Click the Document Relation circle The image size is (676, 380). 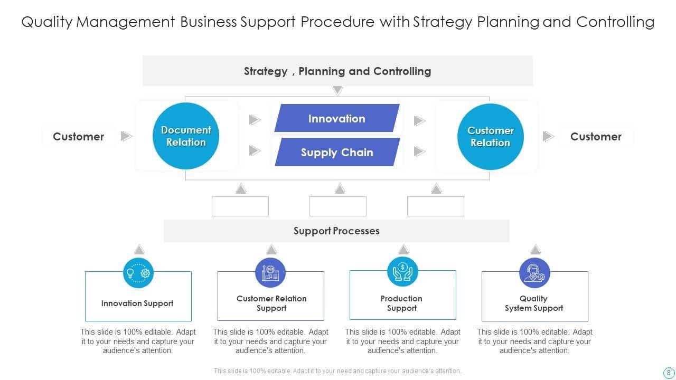coord(186,136)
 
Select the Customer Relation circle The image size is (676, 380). coord(490,137)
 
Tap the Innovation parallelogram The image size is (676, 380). coord(337,118)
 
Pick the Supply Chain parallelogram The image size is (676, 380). coord(337,153)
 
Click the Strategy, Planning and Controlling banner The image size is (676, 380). coord(337,71)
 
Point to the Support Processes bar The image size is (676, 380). coord(336,231)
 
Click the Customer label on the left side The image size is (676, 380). coord(78,137)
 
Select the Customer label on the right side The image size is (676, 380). coord(596,137)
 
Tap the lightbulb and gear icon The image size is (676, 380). coord(138,273)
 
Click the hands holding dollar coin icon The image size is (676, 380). coord(402,272)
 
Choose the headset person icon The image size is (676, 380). coord(534,273)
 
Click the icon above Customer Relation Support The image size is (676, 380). coord(270,273)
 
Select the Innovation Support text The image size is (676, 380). coord(137,303)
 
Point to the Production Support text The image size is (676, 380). coord(402,303)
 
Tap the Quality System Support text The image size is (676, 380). coord(534,303)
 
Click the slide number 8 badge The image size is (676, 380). coord(669,372)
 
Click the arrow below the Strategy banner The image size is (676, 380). coord(337,91)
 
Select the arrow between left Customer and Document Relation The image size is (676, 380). coord(126,136)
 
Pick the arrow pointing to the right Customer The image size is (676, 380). coord(549,137)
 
